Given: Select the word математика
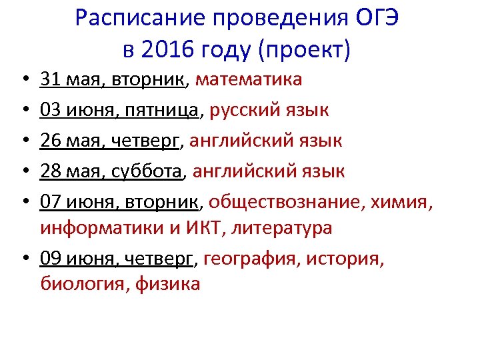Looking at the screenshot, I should (x=249, y=80).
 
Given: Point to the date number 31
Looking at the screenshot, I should (x=51, y=80).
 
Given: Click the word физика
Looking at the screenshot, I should (x=167, y=284).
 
